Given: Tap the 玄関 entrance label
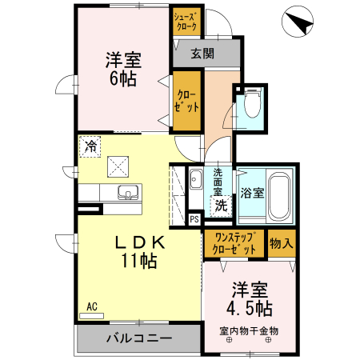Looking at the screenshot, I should tap(202, 54).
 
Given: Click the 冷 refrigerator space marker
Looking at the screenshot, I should tap(90, 146).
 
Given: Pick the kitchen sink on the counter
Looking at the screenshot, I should tap(127, 192).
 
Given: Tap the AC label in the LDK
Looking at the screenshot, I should tap(92, 306).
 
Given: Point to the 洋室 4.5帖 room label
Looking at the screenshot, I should tap(251, 298).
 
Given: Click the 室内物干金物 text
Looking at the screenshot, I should tap(248, 330).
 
